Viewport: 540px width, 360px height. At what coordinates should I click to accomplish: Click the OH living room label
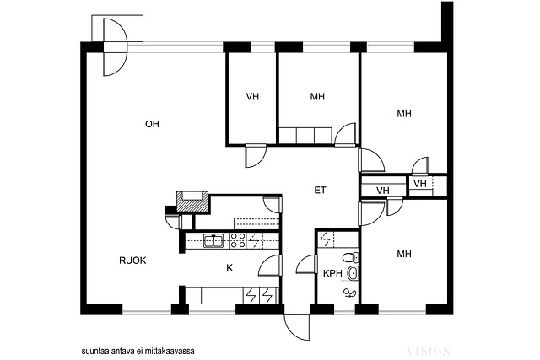152,124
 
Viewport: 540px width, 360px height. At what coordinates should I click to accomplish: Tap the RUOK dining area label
132,261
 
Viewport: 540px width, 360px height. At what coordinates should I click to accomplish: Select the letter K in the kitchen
229,268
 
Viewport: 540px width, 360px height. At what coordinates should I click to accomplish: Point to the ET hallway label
320,190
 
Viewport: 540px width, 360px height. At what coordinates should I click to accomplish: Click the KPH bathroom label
332,274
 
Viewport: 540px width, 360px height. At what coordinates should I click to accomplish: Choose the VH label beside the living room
252,96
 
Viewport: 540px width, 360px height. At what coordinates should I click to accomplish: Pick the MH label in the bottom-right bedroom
404,254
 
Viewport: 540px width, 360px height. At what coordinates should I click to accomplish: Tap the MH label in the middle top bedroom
317,96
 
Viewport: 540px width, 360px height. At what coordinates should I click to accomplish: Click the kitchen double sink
213,240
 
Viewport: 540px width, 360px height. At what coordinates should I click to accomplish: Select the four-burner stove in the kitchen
238,240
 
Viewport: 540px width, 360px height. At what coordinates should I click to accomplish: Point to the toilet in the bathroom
351,257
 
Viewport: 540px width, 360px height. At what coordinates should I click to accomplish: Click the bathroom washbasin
353,273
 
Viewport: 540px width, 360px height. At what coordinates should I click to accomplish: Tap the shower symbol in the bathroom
349,293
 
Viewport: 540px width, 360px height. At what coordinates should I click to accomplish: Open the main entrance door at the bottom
296,323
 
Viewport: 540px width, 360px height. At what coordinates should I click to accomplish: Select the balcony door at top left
116,47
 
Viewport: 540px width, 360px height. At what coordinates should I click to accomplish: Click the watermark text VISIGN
429,351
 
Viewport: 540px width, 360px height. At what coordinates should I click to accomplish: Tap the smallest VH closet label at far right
420,184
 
